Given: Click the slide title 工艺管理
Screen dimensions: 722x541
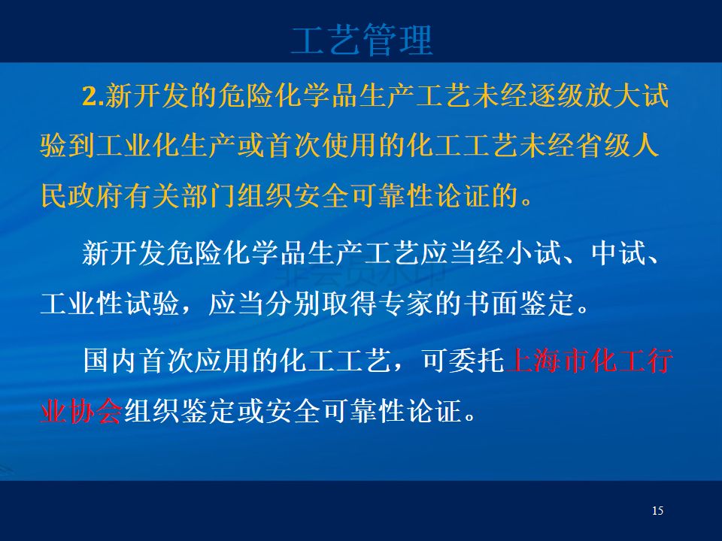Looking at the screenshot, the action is point(362,40).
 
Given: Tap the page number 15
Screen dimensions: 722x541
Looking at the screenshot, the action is point(657,511).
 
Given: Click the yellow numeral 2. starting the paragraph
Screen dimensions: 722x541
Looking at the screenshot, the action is point(93,97).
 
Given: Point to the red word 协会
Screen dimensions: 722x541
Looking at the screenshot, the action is point(96,411).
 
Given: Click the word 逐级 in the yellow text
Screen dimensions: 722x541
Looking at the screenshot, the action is point(557,96).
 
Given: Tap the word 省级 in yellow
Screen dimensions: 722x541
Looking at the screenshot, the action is point(603,146).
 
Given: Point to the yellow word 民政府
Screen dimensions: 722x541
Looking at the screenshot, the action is point(82,196).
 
